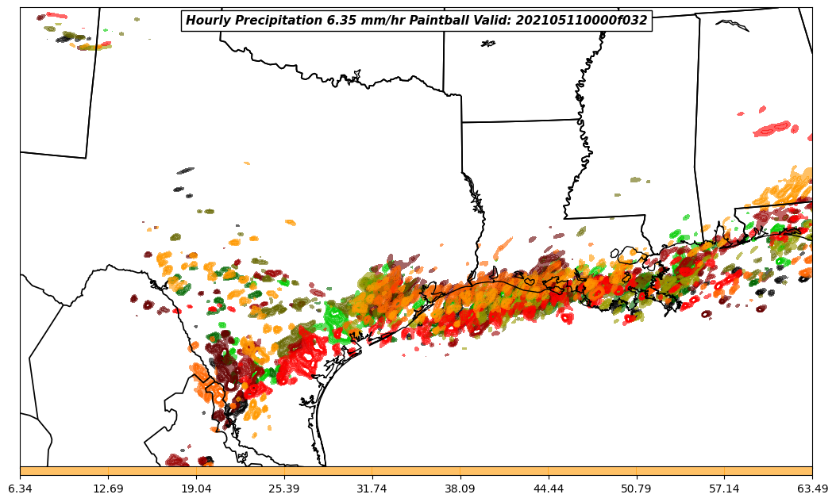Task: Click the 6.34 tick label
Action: click(20, 489)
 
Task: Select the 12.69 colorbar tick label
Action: click(108, 489)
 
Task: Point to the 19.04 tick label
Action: click(196, 489)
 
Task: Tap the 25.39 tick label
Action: click(284, 489)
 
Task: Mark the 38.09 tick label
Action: click(460, 489)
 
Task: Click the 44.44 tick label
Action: click(549, 489)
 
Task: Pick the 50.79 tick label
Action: click(636, 489)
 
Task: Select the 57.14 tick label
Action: click(724, 489)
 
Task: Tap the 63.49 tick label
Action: click(812, 489)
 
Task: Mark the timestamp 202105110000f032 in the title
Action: click(580, 21)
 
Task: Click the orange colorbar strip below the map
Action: click(416, 471)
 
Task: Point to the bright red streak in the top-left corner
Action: click(56, 15)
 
